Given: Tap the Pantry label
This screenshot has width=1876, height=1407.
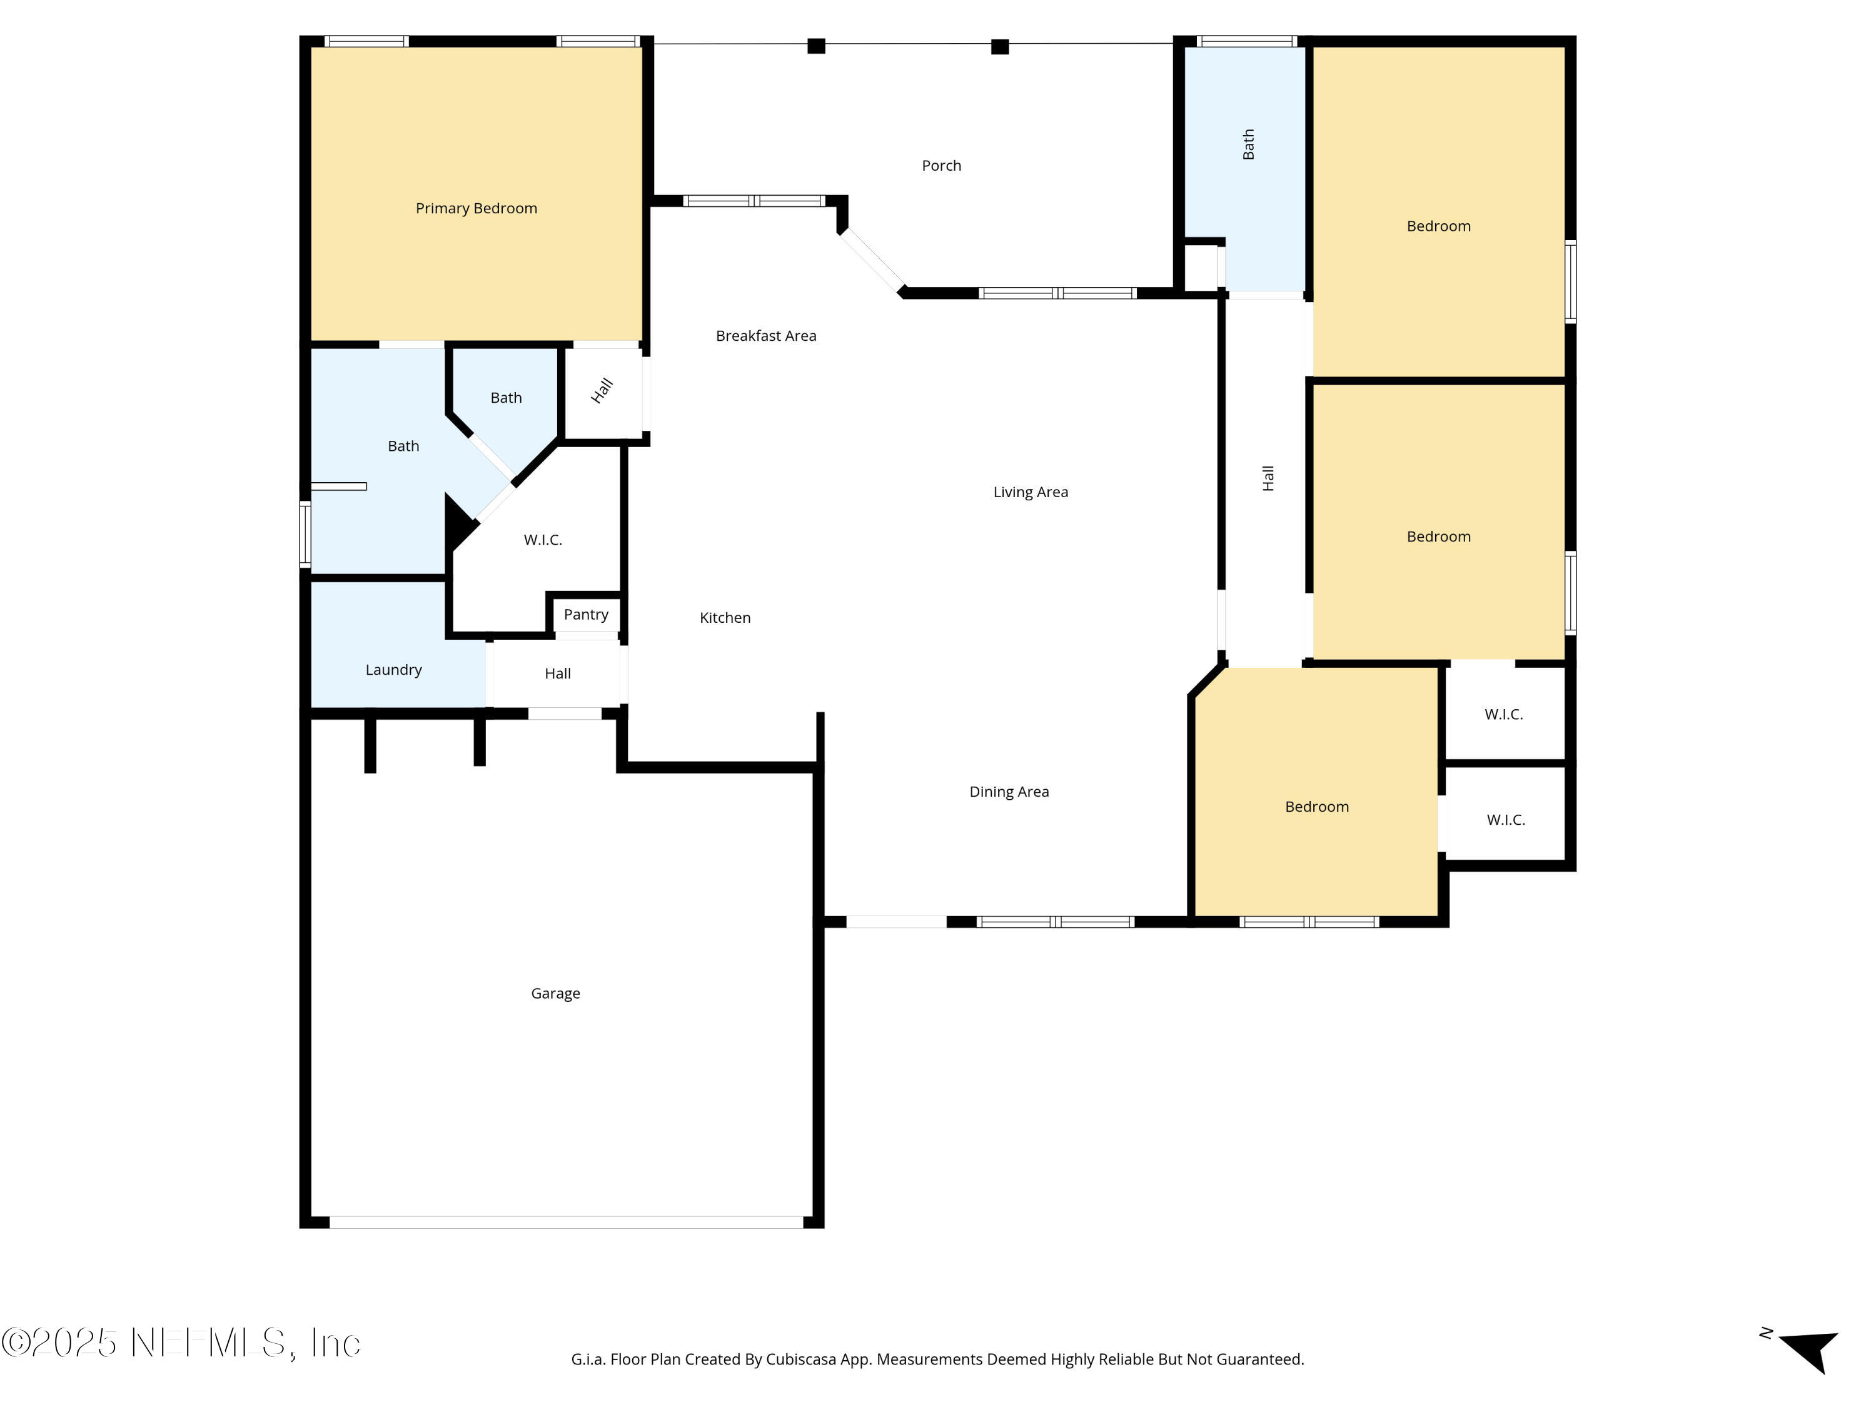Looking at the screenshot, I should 585,615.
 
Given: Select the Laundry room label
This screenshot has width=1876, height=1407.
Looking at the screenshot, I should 393,670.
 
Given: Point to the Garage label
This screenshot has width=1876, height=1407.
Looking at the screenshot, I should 555,993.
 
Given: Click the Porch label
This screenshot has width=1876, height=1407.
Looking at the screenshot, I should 941,165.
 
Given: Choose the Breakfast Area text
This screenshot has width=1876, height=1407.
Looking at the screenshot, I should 766,336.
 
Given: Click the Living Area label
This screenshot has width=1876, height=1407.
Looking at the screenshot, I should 1031,492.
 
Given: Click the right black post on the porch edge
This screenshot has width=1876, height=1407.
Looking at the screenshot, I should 1000,47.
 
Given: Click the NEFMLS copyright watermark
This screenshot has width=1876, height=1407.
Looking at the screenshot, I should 181,1343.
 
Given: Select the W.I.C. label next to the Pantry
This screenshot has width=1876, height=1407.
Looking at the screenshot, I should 543,540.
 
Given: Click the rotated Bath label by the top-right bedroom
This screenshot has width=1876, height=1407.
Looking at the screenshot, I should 1248,144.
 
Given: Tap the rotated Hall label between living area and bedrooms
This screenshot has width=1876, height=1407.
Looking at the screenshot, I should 1268,478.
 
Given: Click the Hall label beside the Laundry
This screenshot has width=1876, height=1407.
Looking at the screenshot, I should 557,673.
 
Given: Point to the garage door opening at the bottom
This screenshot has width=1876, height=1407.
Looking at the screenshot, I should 566,1222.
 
